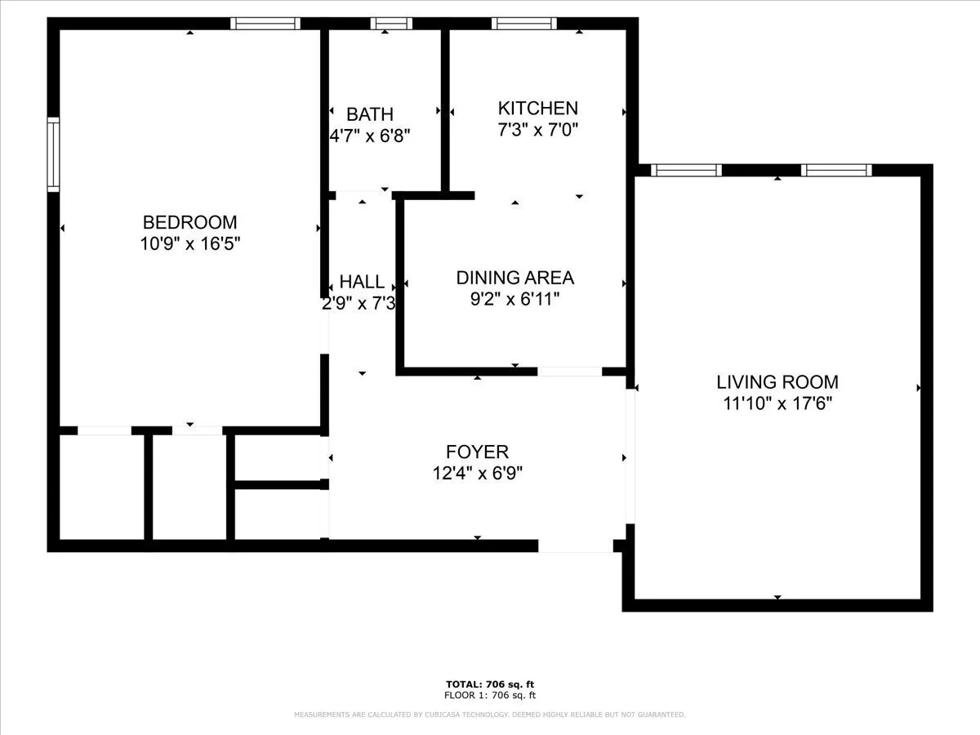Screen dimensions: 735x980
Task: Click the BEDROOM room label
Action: pyautogui.click(x=189, y=222)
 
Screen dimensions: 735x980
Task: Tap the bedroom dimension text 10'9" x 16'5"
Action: pyautogui.click(x=189, y=243)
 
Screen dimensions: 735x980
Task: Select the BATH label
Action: pyautogui.click(x=369, y=114)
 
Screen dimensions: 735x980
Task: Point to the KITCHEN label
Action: pyautogui.click(x=538, y=108)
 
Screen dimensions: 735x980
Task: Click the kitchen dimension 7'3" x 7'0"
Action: pyautogui.click(x=538, y=129)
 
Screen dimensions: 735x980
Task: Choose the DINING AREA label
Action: pyautogui.click(x=514, y=278)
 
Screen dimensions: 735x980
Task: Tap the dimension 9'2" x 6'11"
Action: pyautogui.click(x=514, y=299)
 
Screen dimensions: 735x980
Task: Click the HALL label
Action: pyautogui.click(x=362, y=283)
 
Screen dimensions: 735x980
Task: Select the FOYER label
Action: pyautogui.click(x=477, y=452)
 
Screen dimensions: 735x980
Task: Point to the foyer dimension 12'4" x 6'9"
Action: pyautogui.click(x=477, y=473)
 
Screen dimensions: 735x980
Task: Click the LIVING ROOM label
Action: pyautogui.click(x=777, y=381)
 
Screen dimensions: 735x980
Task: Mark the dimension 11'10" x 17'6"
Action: pyautogui.click(x=777, y=403)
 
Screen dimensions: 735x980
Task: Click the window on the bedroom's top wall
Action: pyautogui.click(x=265, y=24)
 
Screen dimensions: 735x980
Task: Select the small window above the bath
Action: pyautogui.click(x=385, y=24)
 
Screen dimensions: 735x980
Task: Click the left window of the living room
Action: pyautogui.click(x=686, y=170)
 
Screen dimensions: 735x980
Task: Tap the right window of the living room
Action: pyautogui.click(x=836, y=170)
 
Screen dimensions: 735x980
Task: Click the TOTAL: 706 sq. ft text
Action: pyautogui.click(x=490, y=684)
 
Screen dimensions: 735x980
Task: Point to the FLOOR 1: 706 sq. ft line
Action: pyautogui.click(x=490, y=696)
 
